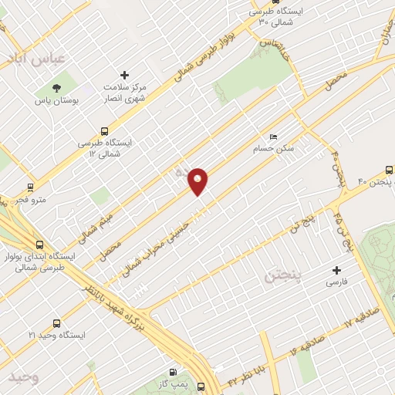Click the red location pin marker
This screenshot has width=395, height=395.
198,181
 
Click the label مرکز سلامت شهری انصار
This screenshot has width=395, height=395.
127,93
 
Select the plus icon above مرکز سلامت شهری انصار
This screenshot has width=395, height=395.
114,76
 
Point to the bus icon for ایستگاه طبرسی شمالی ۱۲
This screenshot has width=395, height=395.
105,131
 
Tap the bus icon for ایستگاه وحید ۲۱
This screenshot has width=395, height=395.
56,323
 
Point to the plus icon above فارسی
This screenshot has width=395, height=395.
336,270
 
